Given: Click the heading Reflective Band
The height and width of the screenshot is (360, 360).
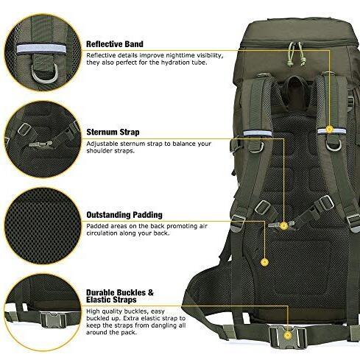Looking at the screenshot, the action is (115, 44).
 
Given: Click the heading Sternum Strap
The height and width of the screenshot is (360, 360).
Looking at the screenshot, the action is (113, 132).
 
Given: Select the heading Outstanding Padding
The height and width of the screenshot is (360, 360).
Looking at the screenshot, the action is (124, 215).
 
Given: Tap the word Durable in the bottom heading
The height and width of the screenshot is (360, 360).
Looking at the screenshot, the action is (100, 292).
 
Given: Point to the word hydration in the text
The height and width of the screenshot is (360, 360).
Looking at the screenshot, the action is (174, 63).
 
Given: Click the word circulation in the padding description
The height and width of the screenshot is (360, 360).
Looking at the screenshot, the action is (102, 233).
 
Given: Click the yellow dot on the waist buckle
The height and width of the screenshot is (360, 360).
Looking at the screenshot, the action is (288, 336).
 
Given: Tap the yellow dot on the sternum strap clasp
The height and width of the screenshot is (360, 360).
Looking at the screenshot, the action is (284, 226).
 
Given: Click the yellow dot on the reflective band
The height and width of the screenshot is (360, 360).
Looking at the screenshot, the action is (329, 129).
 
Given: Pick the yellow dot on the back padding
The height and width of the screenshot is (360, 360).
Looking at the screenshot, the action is (264, 262).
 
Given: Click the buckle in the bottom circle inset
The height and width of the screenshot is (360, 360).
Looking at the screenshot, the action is (53, 320).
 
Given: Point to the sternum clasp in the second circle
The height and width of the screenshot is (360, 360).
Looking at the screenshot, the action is (40, 144).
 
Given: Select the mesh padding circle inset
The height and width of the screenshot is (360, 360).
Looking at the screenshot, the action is (43, 226).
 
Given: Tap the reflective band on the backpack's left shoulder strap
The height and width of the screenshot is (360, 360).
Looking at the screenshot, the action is (258, 133).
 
